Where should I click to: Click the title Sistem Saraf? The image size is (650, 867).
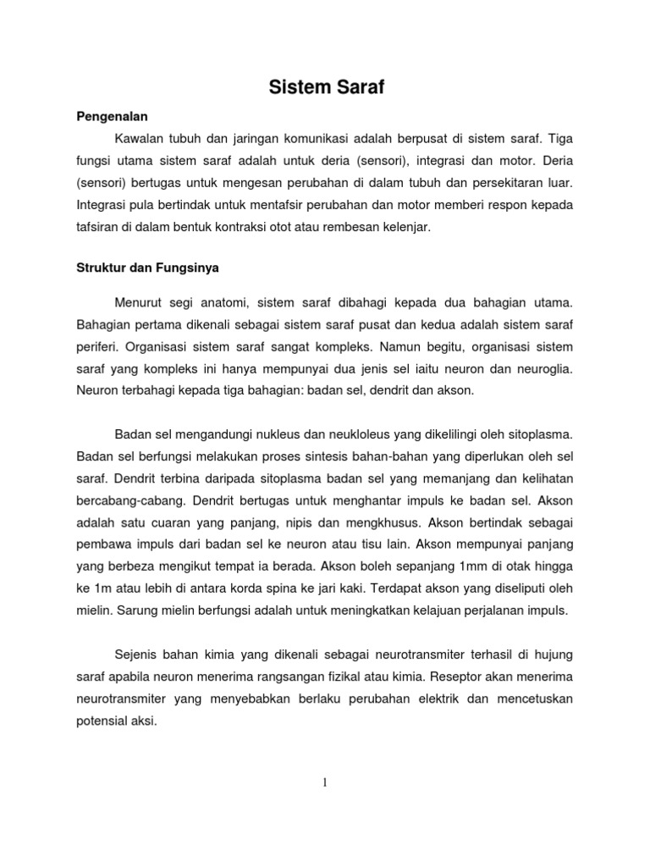(326, 87)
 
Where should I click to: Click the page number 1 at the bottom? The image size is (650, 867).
(325, 782)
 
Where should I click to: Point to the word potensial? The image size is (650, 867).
(102, 722)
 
